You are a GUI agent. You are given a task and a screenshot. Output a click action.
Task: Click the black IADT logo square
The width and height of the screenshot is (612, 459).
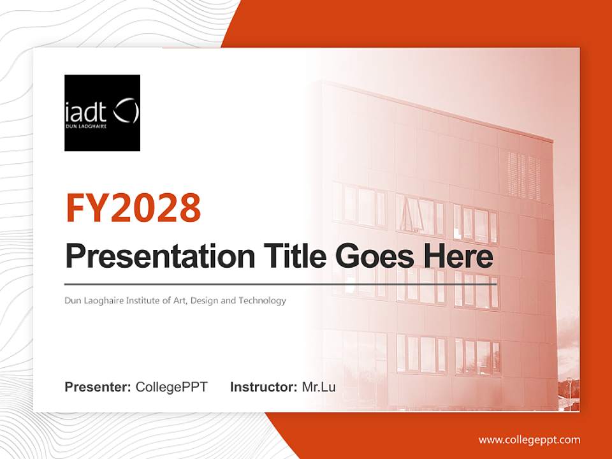click(102, 113)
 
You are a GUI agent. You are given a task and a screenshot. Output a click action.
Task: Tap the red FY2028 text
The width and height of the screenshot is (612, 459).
click(133, 207)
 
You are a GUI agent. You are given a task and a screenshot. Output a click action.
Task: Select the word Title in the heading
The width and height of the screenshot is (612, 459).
click(290, 256)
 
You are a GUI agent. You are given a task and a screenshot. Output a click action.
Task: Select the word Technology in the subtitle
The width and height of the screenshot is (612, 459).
click(262, 300)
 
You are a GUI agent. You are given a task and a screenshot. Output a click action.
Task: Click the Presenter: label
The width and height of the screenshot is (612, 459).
click(98, 387)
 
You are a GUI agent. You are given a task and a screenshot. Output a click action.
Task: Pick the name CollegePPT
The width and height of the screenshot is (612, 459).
click(171, 387)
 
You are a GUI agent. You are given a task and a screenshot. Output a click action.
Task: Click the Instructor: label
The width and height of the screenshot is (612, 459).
click(263, 387)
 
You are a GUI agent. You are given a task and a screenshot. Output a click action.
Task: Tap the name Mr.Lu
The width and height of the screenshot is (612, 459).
click(319, 387)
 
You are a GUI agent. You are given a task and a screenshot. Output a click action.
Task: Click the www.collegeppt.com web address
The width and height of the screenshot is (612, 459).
click(529, 440)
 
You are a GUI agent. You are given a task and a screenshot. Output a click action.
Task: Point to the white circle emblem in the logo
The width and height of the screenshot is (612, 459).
click(126, 111)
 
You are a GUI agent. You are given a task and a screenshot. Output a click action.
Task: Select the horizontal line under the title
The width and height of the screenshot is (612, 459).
click(280, 284)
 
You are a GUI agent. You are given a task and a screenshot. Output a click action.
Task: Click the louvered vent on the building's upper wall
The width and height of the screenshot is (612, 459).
click(524, 175)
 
